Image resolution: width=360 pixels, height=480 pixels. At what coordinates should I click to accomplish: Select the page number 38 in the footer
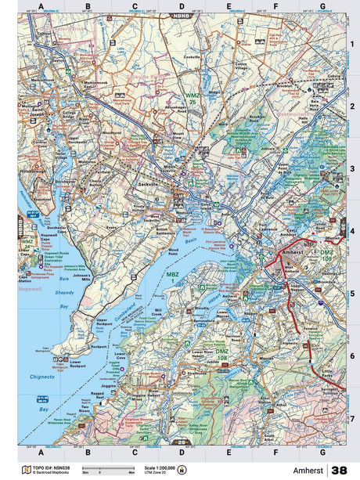(339, 470)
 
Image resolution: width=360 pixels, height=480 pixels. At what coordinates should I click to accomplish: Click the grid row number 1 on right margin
(352, 44)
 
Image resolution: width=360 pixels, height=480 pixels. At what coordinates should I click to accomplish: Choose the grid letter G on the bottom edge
(322, 452)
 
